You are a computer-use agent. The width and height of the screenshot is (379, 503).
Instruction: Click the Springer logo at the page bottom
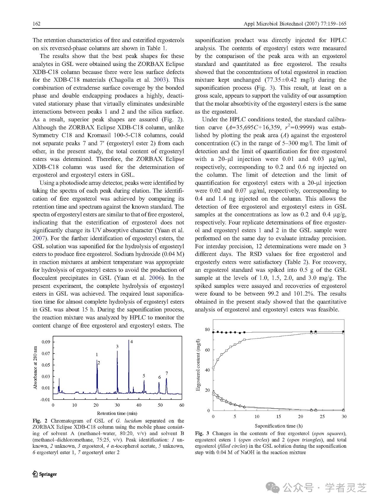click(44, 474)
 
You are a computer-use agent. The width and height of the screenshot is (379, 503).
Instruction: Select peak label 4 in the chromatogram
click(131, 342)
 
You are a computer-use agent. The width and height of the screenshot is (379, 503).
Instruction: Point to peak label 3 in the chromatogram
click(117, 346)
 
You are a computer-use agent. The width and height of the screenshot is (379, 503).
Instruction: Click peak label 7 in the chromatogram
click(167, 373)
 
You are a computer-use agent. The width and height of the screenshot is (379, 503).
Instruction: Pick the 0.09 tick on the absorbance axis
click(46, 342)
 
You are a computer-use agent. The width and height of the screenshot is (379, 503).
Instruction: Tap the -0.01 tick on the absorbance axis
click(45, 399)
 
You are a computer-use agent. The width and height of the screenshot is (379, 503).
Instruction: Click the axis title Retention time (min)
click(117, 413)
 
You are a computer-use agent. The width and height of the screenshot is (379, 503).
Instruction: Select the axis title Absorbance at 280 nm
click(36, 368)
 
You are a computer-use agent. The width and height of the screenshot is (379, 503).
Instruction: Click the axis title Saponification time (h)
click(279, 426)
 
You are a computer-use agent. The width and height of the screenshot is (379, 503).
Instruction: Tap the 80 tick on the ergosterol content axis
click(207, 330)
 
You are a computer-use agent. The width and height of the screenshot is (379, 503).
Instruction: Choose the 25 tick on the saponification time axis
click(322, 417)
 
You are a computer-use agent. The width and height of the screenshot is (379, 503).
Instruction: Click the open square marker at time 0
click(213, 368)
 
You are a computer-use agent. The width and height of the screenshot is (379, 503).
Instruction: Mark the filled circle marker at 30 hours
click(343, 332)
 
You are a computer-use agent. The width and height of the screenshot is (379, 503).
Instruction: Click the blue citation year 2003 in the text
click(178, 80)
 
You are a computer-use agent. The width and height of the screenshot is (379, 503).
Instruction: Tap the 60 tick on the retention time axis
click(182, 405)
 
